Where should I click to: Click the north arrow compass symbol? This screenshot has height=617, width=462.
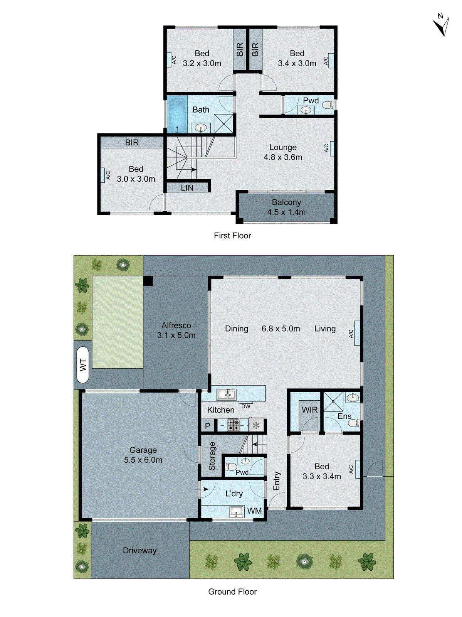(x=442, y=25)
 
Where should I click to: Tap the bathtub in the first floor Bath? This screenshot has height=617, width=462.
(x=177, y=115)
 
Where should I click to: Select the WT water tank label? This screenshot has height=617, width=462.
(x=83, y=364)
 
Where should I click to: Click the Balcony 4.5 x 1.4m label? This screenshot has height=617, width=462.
(x=286, y=207)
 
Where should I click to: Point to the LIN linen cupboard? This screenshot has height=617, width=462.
(x=187, y=188)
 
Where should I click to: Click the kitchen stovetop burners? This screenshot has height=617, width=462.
(x=234, y=425)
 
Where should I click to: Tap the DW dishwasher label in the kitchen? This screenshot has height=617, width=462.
(x=246, y=406)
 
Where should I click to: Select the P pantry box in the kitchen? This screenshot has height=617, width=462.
(x=208, y=426)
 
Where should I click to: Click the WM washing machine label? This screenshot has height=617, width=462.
(x=254, y=511)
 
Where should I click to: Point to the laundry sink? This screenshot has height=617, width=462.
(x=237, y=512)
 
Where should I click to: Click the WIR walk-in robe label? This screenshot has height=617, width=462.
(x=309, y=410)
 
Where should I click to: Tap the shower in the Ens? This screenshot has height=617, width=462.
(x=333, y=401)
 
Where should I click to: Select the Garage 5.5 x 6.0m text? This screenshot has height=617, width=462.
(x=143, y=455)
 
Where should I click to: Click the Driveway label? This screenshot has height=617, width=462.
(x=139, y=550)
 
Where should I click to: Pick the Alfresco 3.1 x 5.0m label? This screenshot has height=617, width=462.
(x=176, y=330)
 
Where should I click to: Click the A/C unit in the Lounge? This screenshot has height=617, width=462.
(x=331, y=148)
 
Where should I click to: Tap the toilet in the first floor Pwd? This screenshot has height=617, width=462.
(x=328, y=105)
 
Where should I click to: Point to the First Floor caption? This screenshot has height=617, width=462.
(x=232, y=236)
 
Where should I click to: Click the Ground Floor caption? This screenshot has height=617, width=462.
(x=232, y=592)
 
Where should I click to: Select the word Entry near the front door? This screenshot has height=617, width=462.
(x=277, y=481)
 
